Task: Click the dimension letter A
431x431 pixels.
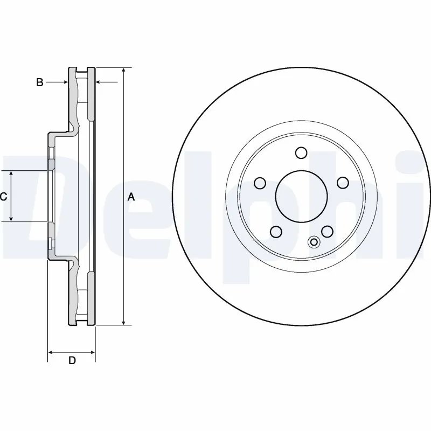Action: click(x=130, y=197)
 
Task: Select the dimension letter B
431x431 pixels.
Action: click(x=39, y=82)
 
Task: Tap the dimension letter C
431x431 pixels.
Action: click(x=3, y=197)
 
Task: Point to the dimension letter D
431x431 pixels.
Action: click(x=72, y=360)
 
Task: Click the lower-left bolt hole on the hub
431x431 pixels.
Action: click(x=275, y=232)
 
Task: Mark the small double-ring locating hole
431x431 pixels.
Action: click(x=314, y=242)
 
